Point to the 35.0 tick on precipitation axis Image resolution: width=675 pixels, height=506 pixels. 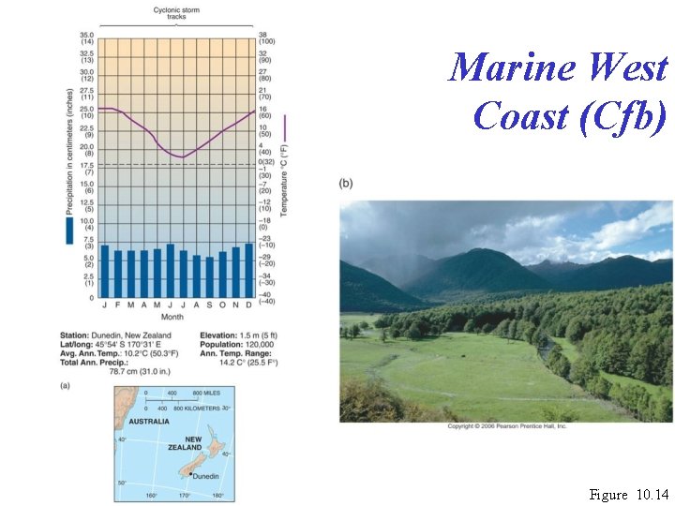point(85,37)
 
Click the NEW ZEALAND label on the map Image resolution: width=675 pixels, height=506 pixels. point(192,443)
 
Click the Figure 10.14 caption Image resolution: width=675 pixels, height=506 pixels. point(628,494)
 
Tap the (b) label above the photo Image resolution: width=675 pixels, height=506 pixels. point(346,184)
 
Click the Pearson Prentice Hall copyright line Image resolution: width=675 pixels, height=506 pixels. point(506,426)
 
